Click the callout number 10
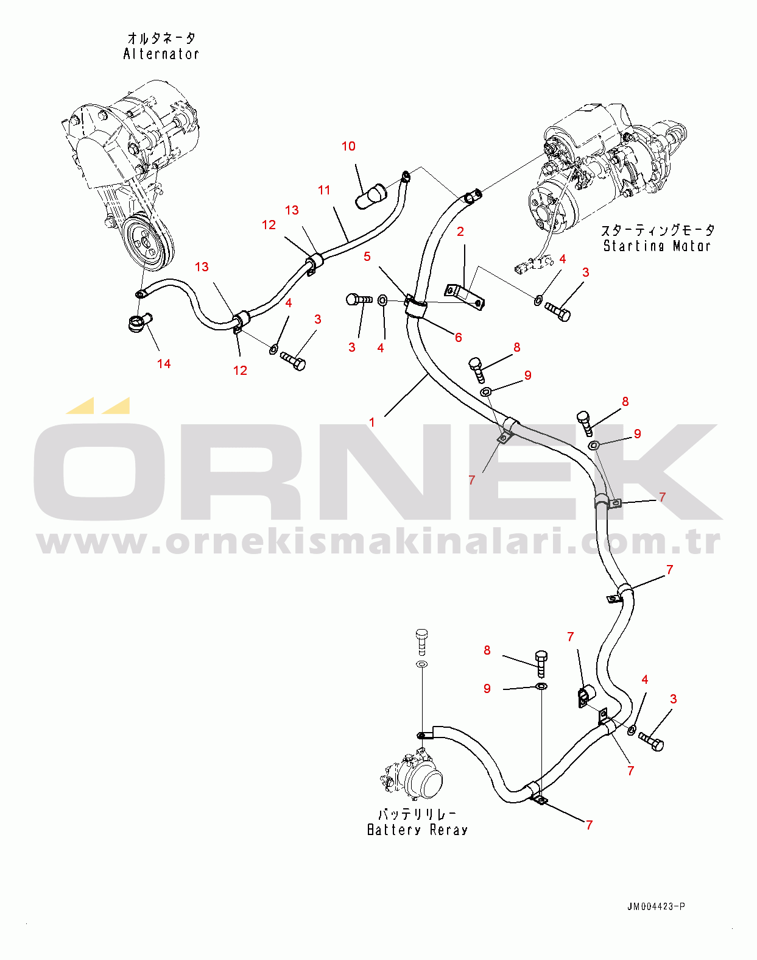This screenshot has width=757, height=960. click(x=348, y=146)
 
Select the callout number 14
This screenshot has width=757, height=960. click(x=164, y=364)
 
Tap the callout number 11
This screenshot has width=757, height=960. click(x=324, y=190)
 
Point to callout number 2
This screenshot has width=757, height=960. click(x=460, y=232)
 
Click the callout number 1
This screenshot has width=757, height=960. click(x=372, y=422)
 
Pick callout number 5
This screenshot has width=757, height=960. click(x=367, y=257)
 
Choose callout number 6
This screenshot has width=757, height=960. click(x=459, y=338)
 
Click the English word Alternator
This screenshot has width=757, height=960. click(x=161, y=54)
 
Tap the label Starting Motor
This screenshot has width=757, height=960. click(x=657, y=246)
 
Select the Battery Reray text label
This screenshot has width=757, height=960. click(x=418, y=830)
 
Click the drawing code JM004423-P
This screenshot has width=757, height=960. click(x=656, y=906)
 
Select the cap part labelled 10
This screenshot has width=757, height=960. click(x=370, y=196)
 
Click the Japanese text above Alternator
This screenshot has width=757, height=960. click(x=161, y=38)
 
